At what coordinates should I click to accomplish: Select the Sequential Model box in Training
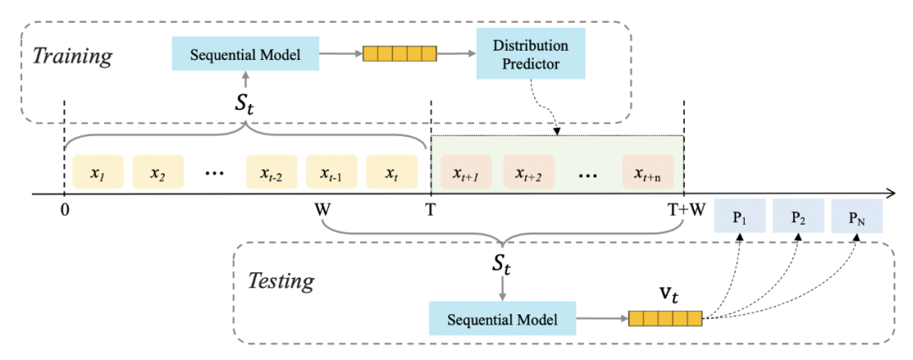pos(245,55)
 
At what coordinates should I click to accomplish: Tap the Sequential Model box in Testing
pos(502,319)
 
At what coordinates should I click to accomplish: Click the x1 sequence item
pos(98,172)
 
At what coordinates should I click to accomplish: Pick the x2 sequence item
pos(158,172)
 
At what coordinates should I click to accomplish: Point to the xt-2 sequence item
pos(271,172)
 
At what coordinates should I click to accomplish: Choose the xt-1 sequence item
pos(331,172)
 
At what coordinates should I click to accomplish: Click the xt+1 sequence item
pos(466,172)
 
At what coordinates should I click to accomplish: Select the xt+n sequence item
pos(648,172)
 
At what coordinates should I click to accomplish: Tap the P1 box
pos(740,215)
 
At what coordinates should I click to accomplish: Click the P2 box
pos(798,215)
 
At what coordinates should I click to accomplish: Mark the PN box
pos(856,216)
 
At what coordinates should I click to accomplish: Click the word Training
pos(71,57)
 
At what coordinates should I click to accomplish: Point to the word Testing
pos(282,281)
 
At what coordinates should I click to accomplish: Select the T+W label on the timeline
pos(686,210)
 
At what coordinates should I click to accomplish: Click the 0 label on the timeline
pos(64,210)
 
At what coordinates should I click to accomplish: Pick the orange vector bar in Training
pos(399,53)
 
